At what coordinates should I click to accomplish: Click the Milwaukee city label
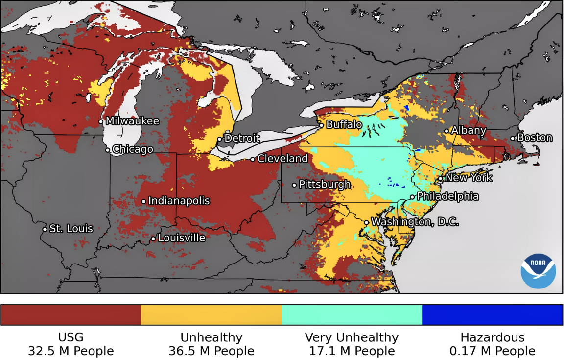(132, 121)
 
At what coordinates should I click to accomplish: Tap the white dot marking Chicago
(108, 150)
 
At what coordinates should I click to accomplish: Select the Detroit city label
(242, 139)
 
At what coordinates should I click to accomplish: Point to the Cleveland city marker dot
(253, 159)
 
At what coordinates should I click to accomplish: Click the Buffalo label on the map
(344, 125)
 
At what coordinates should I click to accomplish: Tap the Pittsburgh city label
(325, 185)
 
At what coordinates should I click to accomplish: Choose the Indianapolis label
(179, 201)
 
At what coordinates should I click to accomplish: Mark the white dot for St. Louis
(45, 229)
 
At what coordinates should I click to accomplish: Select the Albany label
(469, 131)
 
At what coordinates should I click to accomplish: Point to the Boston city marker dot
(513, 138)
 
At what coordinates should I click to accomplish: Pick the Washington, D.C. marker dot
(366, 223)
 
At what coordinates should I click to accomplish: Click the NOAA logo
(538, 271)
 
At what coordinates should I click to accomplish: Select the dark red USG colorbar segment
(71, 314)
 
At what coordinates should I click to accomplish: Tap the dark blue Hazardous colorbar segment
(493, 314)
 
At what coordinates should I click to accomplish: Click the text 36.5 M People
(211, 351)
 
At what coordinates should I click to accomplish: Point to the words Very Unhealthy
(352, 337)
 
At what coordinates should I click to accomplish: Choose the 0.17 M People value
(493, 351)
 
